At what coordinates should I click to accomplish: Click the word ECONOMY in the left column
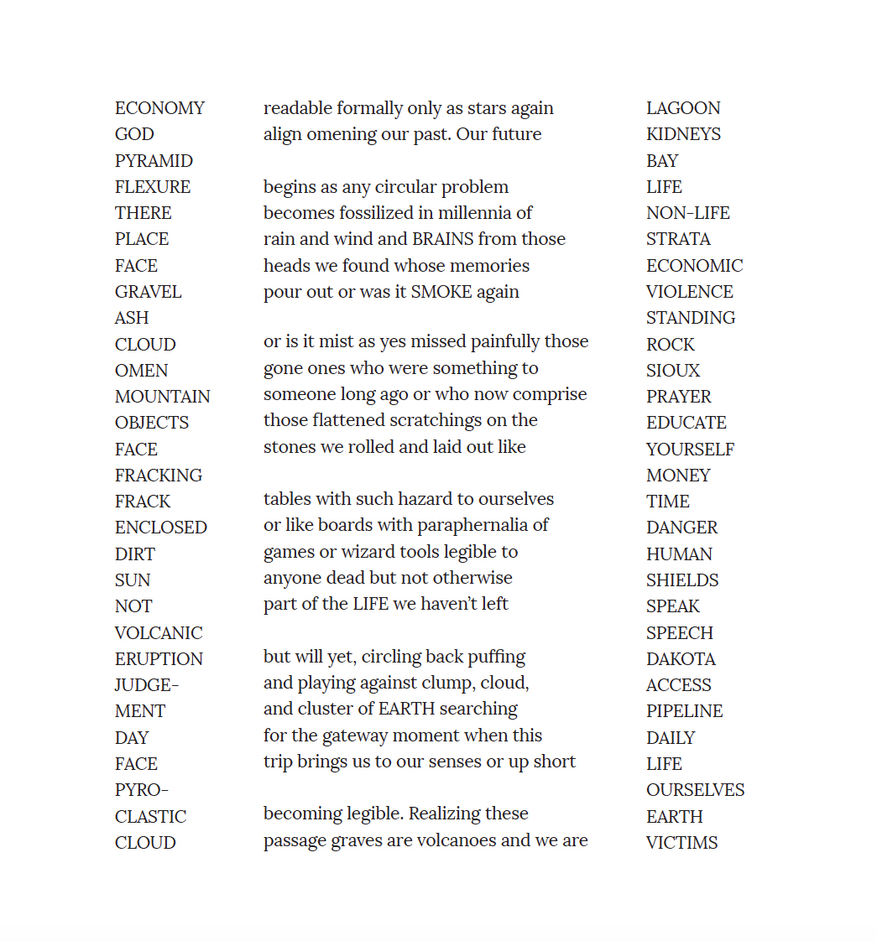point(159,108)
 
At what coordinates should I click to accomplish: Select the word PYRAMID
point(154,161)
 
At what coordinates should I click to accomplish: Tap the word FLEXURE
point(153,187)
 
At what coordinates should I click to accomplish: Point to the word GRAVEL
point(148,292)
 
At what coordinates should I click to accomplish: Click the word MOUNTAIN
point(163,397)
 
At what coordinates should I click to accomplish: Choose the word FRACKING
point(159,476)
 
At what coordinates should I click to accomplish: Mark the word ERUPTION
point(159,659)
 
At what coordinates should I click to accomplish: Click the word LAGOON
point(683,108)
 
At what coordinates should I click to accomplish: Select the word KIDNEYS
point(683,134)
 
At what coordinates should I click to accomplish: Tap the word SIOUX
point(673,371)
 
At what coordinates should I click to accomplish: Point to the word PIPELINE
point(684,711)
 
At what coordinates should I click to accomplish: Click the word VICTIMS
point(681,843)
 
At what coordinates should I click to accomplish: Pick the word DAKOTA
point(681,659)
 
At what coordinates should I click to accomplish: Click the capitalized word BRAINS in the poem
point(442,239)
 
